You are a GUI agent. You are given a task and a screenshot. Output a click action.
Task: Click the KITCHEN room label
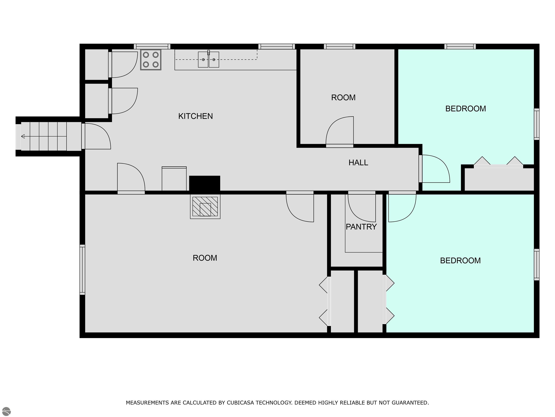(x=195, y=116)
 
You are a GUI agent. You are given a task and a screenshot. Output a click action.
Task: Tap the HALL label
(x=358, y=163)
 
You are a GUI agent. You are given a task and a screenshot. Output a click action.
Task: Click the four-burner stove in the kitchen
(x=150, y=60)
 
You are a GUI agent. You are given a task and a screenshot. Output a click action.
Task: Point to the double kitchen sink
(x=208, y=60)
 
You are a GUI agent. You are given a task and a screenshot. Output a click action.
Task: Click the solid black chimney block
(x=205, y=183)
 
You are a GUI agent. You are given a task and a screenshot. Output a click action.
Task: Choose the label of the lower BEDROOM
(x=460, y=260)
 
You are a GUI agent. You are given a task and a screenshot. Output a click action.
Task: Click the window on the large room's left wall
(x=82, y=269)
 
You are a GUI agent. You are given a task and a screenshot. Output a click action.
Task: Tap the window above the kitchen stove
(x=152, y=47)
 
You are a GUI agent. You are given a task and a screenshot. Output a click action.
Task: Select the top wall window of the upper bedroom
(x=460, y=47)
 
